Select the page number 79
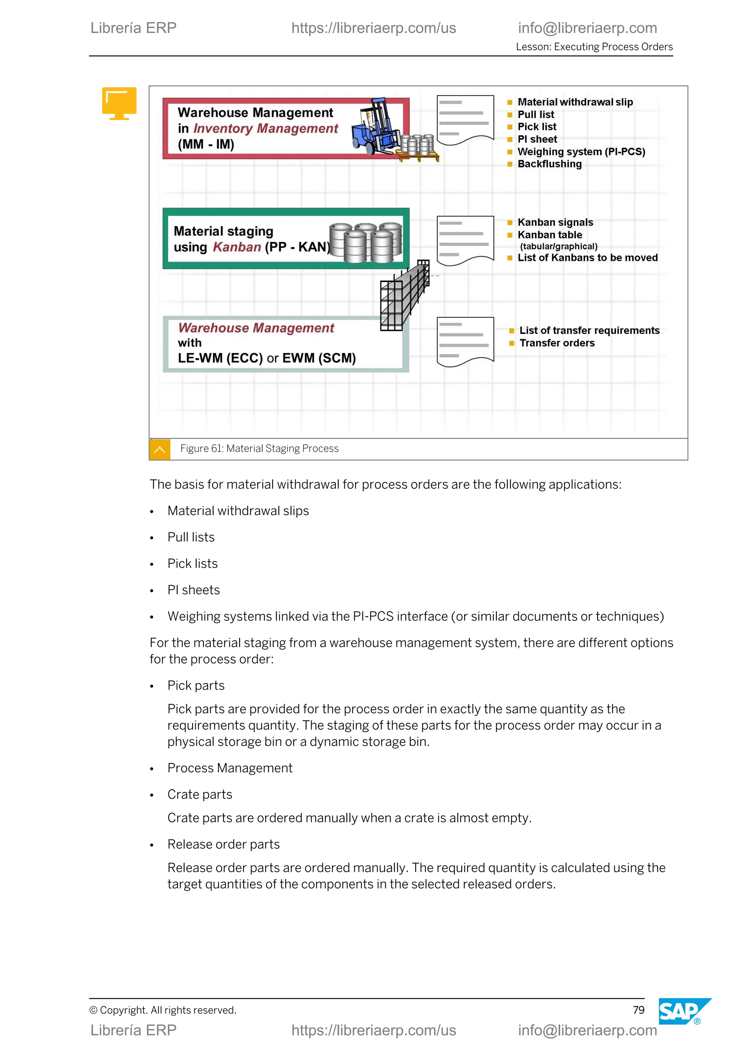pos(638,1010)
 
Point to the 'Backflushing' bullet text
pos(549,164)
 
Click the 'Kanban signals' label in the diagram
pos(555,222)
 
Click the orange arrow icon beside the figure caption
pos(160,449)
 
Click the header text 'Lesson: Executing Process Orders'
pos(594,46)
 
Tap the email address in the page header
pos(587,28)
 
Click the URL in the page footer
pos(374,1030)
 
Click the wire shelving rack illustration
pos(404,296)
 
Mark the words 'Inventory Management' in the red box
pos(266,129)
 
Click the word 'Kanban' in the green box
pos(237,247)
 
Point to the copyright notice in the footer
pos(163,1010)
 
